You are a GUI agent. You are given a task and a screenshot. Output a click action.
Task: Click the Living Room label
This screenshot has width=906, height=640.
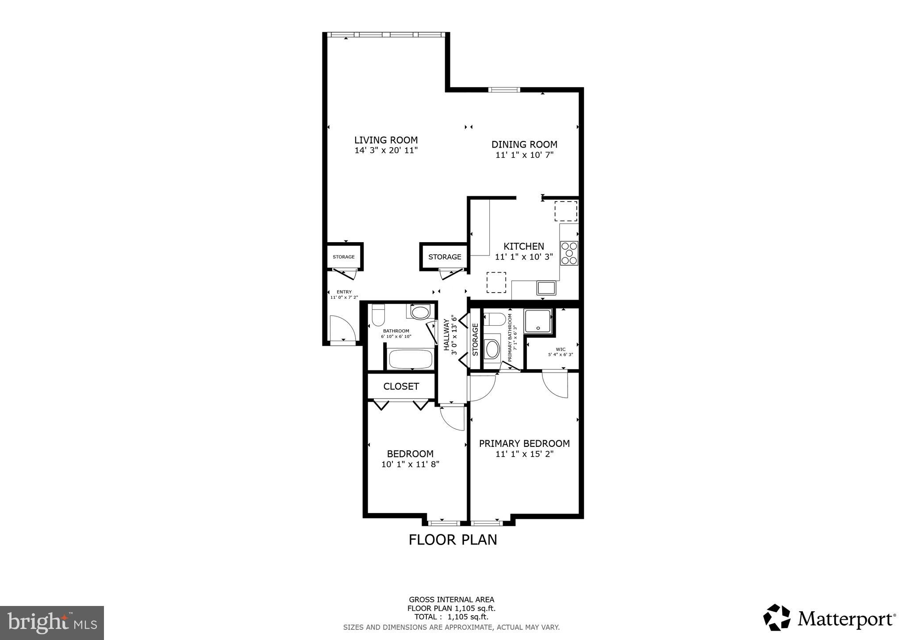click(386, 140)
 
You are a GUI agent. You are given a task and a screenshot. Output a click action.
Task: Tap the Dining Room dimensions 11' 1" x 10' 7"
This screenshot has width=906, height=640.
click(524, 155)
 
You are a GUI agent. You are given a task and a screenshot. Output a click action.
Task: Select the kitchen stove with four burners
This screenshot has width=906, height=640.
click(569, 253)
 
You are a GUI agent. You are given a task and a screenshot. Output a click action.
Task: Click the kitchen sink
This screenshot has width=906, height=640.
click(547, 288)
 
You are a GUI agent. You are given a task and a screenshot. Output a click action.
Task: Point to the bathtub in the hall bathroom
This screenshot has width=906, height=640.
click(411, 358)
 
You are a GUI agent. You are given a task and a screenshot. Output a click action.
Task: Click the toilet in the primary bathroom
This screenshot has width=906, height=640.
click(495, 319)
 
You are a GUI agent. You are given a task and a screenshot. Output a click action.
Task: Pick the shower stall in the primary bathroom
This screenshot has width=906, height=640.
click(538, 321)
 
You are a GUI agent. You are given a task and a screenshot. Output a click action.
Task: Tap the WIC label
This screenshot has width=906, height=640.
click(560, 349)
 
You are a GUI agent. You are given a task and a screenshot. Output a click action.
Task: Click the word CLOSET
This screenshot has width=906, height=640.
click(401, 386)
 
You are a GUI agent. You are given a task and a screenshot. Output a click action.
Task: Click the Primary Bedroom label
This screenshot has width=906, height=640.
click(524, 443)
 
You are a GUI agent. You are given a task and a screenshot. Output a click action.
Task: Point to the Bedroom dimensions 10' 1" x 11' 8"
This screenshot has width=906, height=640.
click(410, 465)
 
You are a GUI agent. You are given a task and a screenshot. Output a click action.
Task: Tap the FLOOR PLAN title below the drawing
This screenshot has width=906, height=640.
click(453, 540)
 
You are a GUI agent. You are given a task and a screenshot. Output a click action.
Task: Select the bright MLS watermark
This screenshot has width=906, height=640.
click(52, 623)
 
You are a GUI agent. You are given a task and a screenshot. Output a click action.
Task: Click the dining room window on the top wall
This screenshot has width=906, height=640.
click(504, 90)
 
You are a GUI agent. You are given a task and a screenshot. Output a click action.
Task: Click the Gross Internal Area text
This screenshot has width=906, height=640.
click(451, 600)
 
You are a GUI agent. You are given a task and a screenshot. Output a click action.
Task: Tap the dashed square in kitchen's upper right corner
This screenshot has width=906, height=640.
click(565, 211)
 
